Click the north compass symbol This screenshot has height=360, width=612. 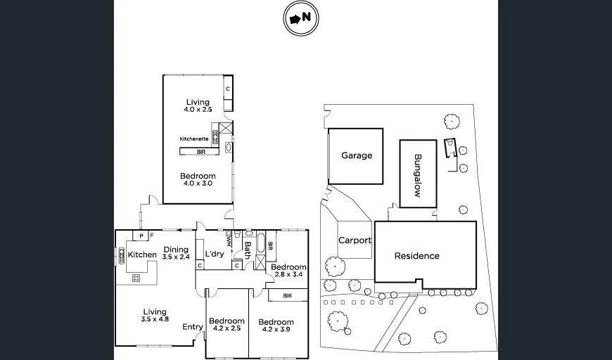[301, 19]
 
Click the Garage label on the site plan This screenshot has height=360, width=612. [357, 155]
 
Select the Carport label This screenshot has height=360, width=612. [355, 240]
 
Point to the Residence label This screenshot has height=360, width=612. [416, 256]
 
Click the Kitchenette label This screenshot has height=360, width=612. [194, 139]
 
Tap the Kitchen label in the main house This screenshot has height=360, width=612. [142, 255]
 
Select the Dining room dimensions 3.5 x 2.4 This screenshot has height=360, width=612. [177, 257]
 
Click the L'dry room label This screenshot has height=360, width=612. [215, 254]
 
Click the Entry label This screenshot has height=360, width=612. [193, 327]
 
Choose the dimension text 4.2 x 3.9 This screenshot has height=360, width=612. [276, 330]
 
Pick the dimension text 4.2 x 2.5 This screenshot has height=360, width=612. [227, 330]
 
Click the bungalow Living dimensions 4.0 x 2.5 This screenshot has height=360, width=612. [197, 110]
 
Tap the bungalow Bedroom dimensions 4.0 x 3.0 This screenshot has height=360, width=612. [197, 184]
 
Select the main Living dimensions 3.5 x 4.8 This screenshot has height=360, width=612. [154, 320]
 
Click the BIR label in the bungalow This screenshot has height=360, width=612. [200, 151]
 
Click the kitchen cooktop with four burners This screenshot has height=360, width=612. [136, 277]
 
